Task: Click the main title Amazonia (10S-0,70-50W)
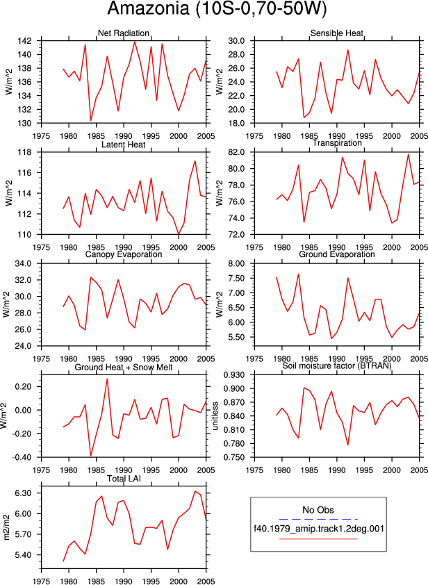216,9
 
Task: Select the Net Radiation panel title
124,33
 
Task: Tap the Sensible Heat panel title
337,33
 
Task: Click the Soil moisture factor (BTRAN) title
337,365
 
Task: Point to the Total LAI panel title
124,478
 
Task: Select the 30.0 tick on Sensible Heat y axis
236,41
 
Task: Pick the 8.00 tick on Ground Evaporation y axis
236,263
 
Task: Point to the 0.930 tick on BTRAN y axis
235,375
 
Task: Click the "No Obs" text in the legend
318,510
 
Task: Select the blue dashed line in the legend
318,519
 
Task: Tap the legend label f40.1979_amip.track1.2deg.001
319,529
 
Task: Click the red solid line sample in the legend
318,538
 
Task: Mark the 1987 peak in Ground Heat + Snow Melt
107,379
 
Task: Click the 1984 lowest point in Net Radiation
91,120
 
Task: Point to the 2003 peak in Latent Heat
195,160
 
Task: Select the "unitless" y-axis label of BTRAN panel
215,416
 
